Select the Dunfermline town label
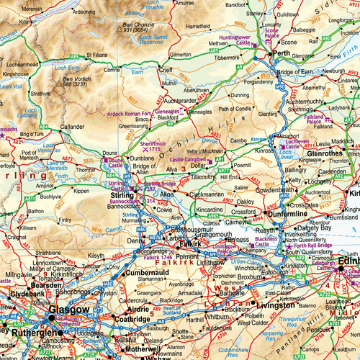pyautogui.click(x=287, y=214)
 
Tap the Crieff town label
pyautogui.click(x=166, y=71)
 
